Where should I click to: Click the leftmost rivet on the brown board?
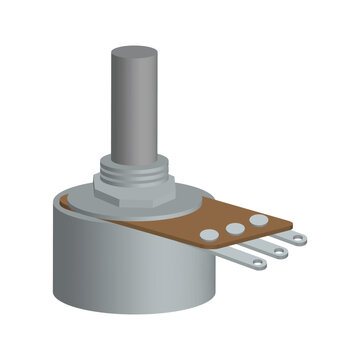pyautogui.click(x=209, y=234)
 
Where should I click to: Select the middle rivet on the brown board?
pyautogui.click(x=235, y=227)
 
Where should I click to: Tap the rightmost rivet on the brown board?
pyautogui.click(x=259, y=218)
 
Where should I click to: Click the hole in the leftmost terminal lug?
pyautogui.click(x=258, y=264)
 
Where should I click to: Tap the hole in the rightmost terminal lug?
pyautogui.click(x=299, y=241)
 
